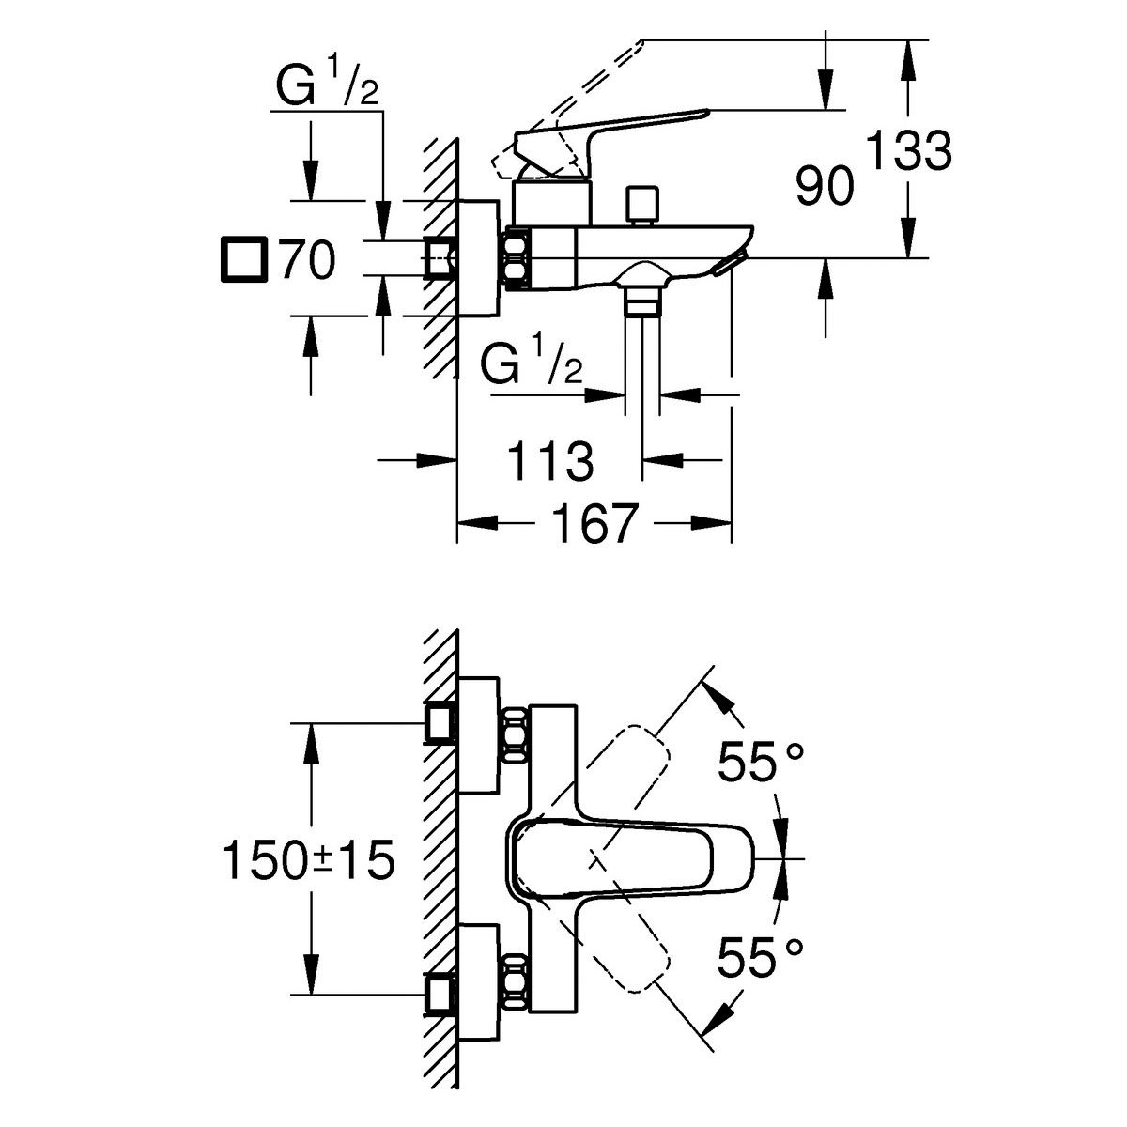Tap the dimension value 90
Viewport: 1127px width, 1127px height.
click(x=826, y=185)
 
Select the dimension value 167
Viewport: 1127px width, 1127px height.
click(x=594, y=523)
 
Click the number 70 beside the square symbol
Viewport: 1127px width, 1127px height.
click(x=307, y=259)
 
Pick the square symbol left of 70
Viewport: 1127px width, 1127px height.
click(x=244, y=259)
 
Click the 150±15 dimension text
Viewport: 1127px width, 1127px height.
click(x=308, y=859)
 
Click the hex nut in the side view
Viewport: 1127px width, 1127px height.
click(x=517, y=258)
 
